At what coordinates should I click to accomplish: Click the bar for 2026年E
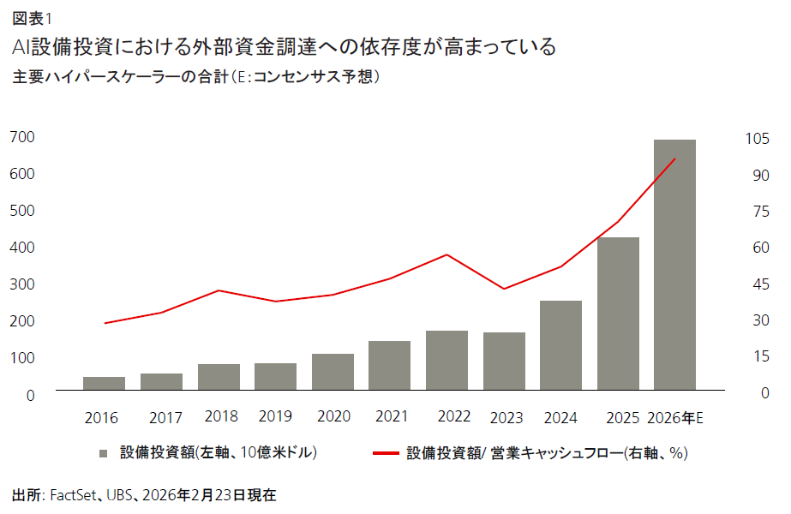tap(674, 266)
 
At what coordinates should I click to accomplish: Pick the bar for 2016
tap(104, 384)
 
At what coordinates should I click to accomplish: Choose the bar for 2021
tap(389, 366)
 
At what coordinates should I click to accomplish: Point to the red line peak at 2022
tap(446, 254)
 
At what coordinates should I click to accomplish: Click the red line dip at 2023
tap(504, 289)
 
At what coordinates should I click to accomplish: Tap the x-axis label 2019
tap(277, 417)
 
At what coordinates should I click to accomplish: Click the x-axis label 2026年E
tap(675, 418)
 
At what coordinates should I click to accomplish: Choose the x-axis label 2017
tap(165, 418)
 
